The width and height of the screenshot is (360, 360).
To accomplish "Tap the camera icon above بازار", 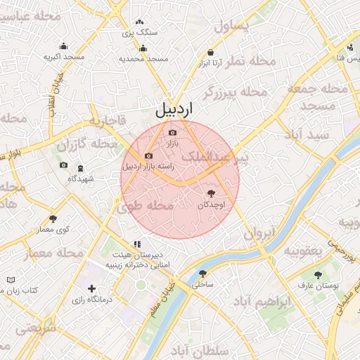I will point(173,132).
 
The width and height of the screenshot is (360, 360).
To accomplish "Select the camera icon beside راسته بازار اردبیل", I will point(148,156).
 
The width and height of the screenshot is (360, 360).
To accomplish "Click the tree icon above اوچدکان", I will point(211,193).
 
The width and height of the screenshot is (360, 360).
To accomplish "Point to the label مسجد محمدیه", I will point(144,58).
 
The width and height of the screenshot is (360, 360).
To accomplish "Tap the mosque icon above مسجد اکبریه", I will point(64,46).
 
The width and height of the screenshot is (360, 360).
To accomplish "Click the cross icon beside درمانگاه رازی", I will point(91,288).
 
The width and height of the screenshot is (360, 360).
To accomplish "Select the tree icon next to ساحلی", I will point(202,274).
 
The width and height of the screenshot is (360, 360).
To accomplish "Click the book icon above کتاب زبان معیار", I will point(11,279).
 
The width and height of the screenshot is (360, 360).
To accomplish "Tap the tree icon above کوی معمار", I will point(53,219).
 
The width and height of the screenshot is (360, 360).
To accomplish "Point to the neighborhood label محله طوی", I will point(145,207).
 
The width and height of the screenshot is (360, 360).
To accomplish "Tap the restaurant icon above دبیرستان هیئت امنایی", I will point(127,245).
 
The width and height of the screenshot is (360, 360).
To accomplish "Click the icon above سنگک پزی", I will point(139,22).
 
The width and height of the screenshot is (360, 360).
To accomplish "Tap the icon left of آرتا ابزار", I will point(212,53).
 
